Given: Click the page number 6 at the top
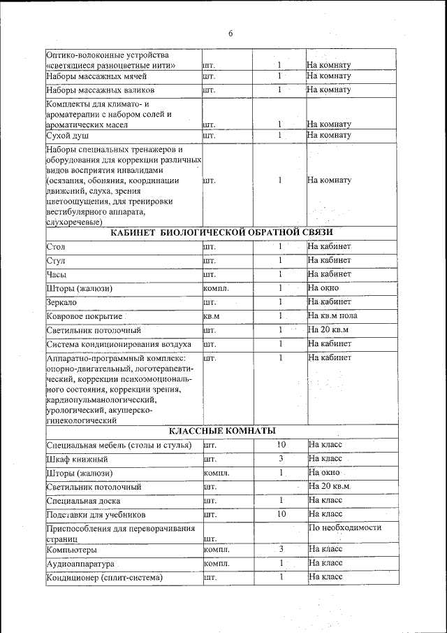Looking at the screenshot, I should click(x=230, y=33).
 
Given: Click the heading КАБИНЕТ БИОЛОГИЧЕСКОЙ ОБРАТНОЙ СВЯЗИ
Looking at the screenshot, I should click(x=222, y=232).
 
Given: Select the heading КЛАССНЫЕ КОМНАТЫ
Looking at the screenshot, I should click(x=222, y=429).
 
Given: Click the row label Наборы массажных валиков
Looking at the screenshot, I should click(x=99, y=90).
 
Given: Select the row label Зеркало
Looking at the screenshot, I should click(x=61, y=302).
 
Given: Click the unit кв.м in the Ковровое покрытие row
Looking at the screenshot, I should click(x=211, y=316).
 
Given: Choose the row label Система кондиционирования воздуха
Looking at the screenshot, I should click(x=119, y=344).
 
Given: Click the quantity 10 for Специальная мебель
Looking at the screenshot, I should click(x=281, y=444).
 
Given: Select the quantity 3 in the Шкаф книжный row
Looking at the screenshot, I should click(x=280, y=459).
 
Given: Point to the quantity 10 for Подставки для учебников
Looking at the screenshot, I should click(x=281, y=514).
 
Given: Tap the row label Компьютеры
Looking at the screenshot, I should click(x=72, y=550).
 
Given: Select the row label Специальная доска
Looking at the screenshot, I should click(x=83, y=501).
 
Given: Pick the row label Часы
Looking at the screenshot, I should click(x=57, y=274).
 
